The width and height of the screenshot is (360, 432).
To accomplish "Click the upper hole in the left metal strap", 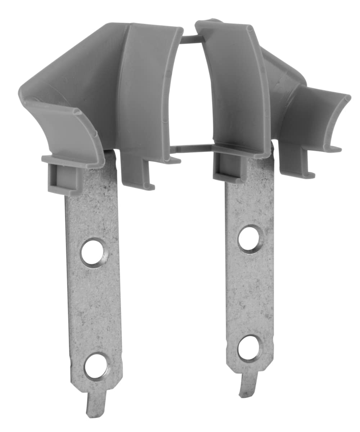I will point(93,252).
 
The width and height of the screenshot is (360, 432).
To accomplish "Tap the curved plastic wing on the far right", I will point(317,119).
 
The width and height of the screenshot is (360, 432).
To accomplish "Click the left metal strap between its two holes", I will point(94,310).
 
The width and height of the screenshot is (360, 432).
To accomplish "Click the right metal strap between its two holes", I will point(249,293).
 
